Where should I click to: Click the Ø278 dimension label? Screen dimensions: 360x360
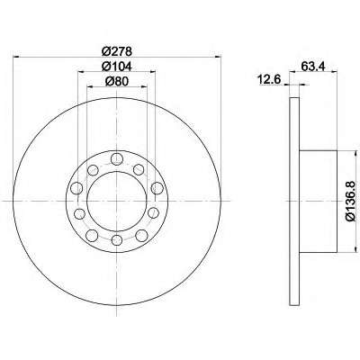(117, 51)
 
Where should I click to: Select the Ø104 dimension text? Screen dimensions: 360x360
(117, 67)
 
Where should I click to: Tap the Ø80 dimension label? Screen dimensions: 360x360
(117, 81)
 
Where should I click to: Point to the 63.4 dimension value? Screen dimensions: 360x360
(313, 67)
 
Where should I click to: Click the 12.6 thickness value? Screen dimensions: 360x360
(268, 80)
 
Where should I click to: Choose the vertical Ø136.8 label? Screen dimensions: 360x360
(351, 202)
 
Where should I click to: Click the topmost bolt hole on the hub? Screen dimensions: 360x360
(116, 158)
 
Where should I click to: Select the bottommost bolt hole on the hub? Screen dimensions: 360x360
(116, 239)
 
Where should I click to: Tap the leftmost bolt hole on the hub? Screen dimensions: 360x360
(76, 188)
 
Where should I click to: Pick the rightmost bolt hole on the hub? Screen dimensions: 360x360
(157, 188)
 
